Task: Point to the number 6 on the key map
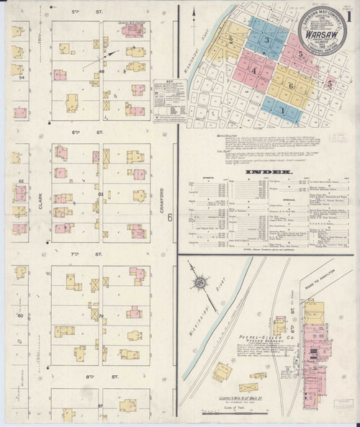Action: click(x=291, y=86)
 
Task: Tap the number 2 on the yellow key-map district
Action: click(x=230, y=40)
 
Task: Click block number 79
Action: click(x=101, y=316)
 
